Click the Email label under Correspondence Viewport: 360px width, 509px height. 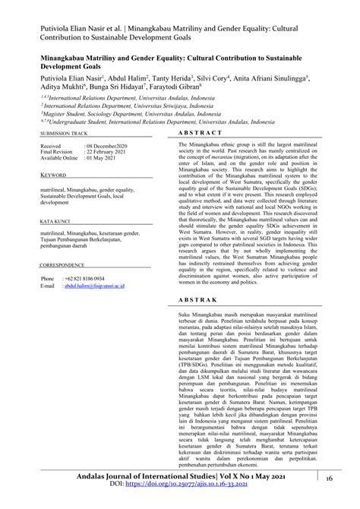coord(47,288)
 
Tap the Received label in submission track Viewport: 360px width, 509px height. coord(51,144)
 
